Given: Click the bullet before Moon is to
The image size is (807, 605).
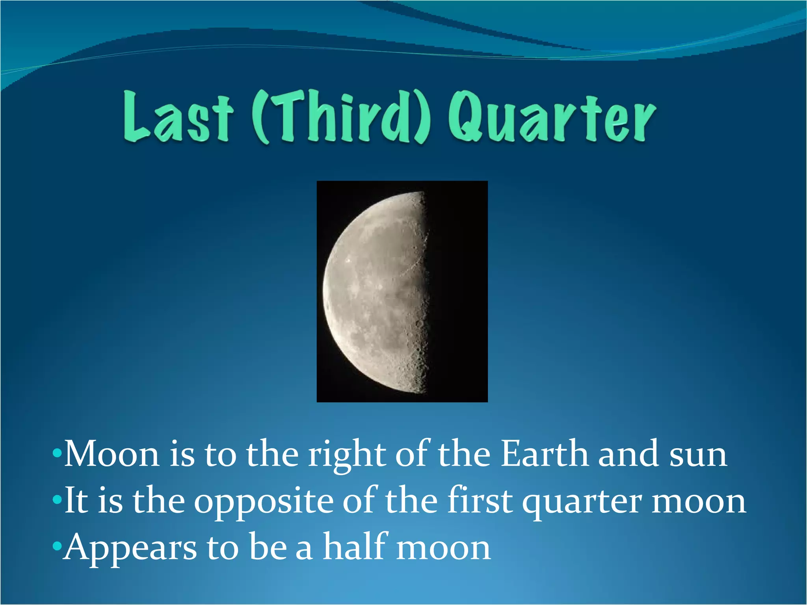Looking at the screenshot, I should click(x=57, y=453).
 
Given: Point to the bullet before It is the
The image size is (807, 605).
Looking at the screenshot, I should click(x=57, y=500).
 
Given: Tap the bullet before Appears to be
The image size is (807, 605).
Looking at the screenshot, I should click(x=57, y=546).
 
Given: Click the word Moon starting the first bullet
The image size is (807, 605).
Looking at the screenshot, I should click(x=112, y=455).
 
